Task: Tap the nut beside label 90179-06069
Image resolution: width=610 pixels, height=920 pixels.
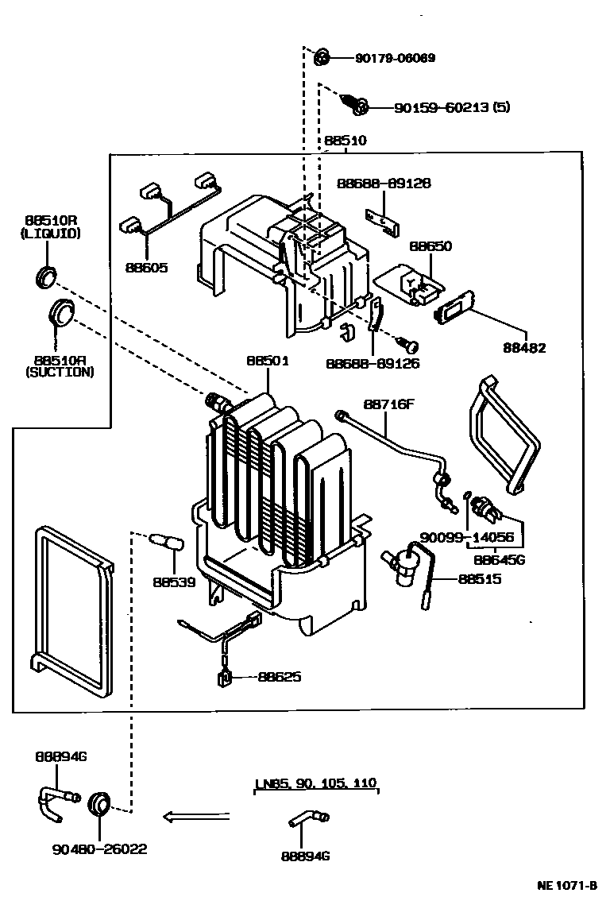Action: pyautogui.click(x=322, y=57)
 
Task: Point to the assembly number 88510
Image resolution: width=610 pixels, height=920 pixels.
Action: pyautogui.click(x=345, y=141)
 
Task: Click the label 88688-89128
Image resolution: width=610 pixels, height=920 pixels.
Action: pyautogui.click(x=383, y=183)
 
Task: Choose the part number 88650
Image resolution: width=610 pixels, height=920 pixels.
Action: pyautogui.click(x=430, y=246)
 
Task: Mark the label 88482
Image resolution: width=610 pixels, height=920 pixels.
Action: pyautogui.click(x=524, y=348)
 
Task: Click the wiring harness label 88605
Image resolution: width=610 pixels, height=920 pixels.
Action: pyautogui.click(x=146, y=268)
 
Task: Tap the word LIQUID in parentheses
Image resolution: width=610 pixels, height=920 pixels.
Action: pyautogui.click(x=50, y=234)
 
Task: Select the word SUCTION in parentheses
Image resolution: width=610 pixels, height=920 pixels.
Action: pyautogui.click(x=60, y=371)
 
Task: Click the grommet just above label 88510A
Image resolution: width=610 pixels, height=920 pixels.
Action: pyautogui.click(x=61, y=311)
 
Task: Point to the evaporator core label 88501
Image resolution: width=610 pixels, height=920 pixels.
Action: pyautogui.click(x=267, y=360)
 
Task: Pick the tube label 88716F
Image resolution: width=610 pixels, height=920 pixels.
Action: pyautogui.click(x=389, y=404)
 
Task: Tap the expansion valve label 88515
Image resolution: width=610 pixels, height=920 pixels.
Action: pyautogui.click(x=479, y=579)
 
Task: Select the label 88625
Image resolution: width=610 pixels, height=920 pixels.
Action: pyautogui.click(x=279, y=678)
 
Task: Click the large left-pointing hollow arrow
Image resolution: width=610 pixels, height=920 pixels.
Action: pyautogui.click(x=195, y=816)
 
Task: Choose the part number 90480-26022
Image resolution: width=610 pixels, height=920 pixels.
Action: pyautogui.click(x=99, y=849)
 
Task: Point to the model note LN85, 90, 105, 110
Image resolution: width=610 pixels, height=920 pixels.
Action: pyautogui.click(x=315, y=783)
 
